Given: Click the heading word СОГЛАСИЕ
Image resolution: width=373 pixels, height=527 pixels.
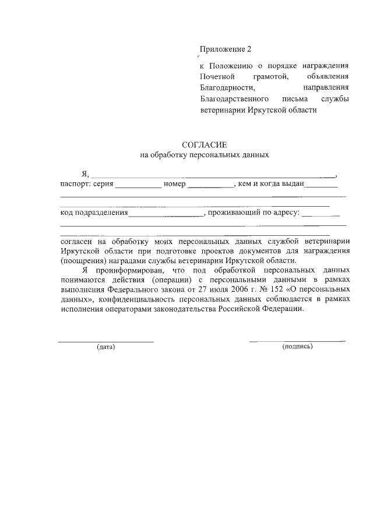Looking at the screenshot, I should (x=204, y=144).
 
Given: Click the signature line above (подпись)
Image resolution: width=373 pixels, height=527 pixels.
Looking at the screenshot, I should (x=297, y=340).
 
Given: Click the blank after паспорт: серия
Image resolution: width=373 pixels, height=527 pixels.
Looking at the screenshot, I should (x=138, y=187).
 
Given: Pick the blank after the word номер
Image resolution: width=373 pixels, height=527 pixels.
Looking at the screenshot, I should (x=210, y=187).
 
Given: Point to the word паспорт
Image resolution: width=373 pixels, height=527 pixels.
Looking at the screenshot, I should (x=74, y=185).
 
